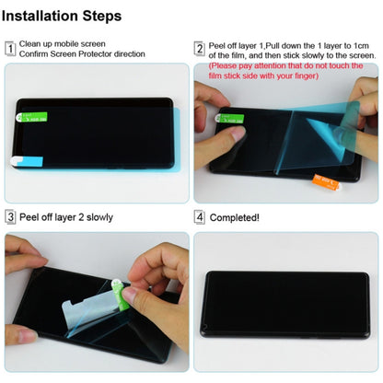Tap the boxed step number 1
[x=10, y=49]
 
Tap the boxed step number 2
[x=200, y=49]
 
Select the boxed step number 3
[x=10, y=217]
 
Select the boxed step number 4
[x=200, y=217]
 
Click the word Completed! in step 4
[x=235, y=218]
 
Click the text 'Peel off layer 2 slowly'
[x=64, y=218]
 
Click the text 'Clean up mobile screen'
[x=63, y=44]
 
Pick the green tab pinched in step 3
[x=117, y=293]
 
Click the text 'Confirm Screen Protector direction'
[x=82, y=55]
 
